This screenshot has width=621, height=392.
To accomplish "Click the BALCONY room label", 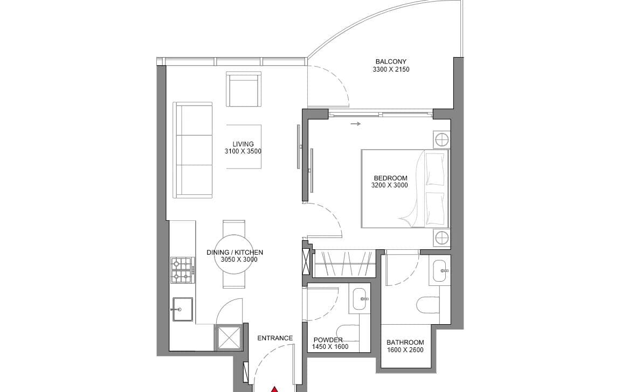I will click(x=391, y=62).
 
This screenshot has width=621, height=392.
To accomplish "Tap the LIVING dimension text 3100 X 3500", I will click(x=243, y=151).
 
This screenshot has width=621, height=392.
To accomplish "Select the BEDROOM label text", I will click(x=390, y=178).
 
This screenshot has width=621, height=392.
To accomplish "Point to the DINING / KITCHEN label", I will click(x=235, y=253).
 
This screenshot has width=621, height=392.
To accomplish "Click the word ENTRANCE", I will click(x=275, y=338).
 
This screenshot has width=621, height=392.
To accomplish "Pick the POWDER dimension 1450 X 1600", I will click(x=330, y=347).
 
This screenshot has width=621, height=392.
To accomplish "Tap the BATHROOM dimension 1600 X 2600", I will click(x=405, y=350).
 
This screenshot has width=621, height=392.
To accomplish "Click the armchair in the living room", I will click(x=243, y=90).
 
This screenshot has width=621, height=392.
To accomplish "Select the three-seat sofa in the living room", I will click(x=193, y=150).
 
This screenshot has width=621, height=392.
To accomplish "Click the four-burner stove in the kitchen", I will click(x=182, y=270).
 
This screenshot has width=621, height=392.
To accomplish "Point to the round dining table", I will click(x=235, y=255).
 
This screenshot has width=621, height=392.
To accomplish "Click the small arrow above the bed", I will click(x=355, y=124).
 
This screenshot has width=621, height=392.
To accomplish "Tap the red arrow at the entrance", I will click(x=274, y=389).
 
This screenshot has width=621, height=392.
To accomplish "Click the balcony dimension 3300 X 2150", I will click(x=391, y=69).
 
